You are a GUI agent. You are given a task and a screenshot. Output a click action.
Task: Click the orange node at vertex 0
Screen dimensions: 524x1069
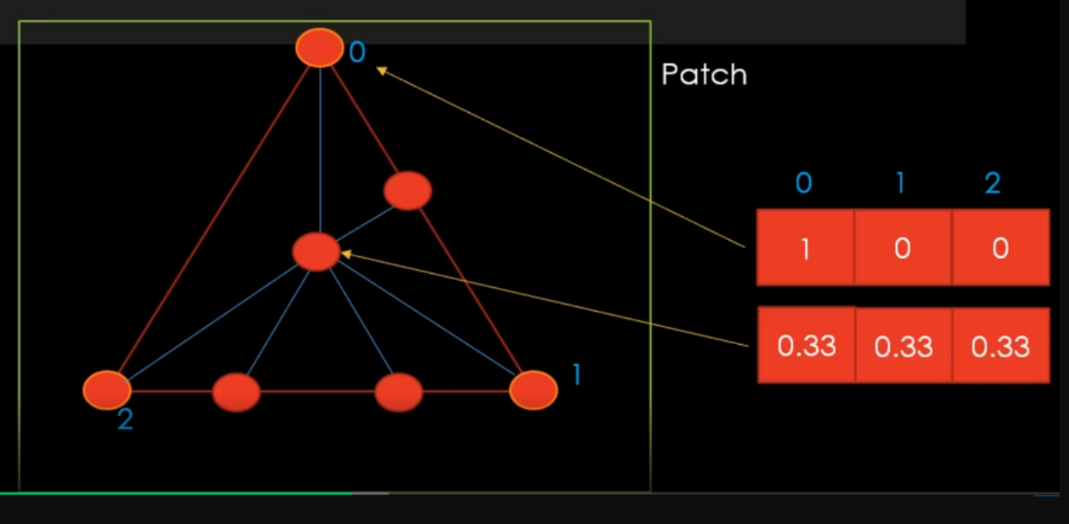[320, 47]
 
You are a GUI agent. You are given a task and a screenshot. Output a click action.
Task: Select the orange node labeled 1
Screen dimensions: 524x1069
[533, 391]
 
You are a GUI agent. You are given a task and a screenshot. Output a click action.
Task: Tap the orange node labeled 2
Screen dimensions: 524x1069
[107, 390]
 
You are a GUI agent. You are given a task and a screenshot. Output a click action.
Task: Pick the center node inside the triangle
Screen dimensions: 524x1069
[316, 252]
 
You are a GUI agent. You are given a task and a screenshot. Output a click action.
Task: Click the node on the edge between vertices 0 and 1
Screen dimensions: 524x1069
[407, 190]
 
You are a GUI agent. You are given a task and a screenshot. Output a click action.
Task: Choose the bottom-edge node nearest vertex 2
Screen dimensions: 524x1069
[236, 391]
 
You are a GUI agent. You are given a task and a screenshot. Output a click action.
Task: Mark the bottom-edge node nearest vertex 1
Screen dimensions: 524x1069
[399, 392]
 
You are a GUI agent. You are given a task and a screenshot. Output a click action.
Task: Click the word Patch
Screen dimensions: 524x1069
[703, 75]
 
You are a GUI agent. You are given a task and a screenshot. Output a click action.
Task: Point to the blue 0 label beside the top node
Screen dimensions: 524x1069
[357, 53]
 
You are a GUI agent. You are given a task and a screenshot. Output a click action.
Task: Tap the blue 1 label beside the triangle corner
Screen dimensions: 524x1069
[576, 375]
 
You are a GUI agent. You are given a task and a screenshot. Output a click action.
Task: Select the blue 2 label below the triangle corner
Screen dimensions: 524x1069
[125, 420]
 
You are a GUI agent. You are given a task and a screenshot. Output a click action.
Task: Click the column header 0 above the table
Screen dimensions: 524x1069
[803, 183]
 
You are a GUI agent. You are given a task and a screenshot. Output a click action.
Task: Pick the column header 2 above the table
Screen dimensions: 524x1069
[992, 183]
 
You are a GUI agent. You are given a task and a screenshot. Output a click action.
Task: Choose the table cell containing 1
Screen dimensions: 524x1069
[805, 248]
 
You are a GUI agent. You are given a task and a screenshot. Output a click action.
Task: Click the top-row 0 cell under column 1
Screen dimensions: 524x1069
[902, 248]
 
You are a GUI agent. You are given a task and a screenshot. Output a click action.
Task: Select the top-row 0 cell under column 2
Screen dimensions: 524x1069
[1000, 248]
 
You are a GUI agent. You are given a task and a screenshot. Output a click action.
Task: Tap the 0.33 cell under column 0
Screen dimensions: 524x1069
[806, 346]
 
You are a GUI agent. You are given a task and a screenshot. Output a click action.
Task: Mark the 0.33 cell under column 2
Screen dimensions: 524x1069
[1000, 346]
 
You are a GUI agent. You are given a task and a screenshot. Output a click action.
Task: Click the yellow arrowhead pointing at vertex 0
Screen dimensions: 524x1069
[381, 71]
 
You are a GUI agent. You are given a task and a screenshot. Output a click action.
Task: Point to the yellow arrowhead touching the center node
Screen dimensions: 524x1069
[346, 254]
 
